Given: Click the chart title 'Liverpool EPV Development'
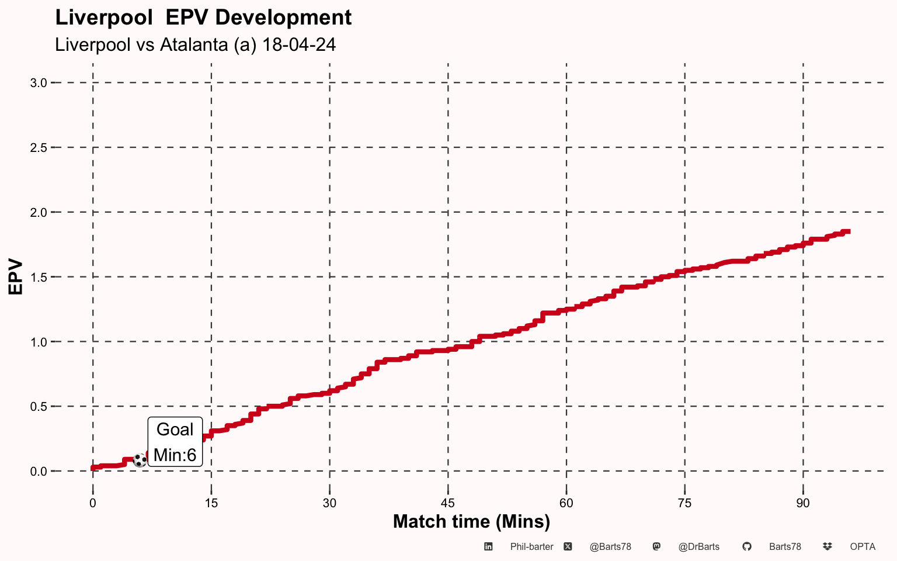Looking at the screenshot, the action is [203, 18].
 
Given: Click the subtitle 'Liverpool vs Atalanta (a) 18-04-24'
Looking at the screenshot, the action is [196, 44].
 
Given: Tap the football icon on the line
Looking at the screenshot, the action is [140, 460].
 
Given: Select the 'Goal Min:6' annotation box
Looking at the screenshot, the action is [175, 442].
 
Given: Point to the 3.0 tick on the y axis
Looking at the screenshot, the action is [39, 83].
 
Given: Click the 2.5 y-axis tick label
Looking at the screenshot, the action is [39, 148].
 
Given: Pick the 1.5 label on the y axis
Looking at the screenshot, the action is [39, 278].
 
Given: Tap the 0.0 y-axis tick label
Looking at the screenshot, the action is [39, 471].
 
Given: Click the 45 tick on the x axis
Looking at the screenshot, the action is [448, 503].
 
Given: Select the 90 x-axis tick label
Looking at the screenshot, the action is [803, 503].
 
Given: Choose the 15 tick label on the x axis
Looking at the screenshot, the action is [211, 503].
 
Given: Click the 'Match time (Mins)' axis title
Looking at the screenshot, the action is [471, 522].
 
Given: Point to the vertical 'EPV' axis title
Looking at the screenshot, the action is [15, 277].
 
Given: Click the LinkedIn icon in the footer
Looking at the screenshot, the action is [488, 546].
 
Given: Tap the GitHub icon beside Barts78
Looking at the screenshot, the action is [746, 546].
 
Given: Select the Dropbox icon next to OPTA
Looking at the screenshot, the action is [828, 546].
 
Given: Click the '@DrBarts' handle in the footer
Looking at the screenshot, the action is [699, 547].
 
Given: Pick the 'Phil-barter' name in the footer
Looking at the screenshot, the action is [532, 547].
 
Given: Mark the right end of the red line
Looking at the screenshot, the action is [850, 232].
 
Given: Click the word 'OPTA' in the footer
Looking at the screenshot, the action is [863, 547].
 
